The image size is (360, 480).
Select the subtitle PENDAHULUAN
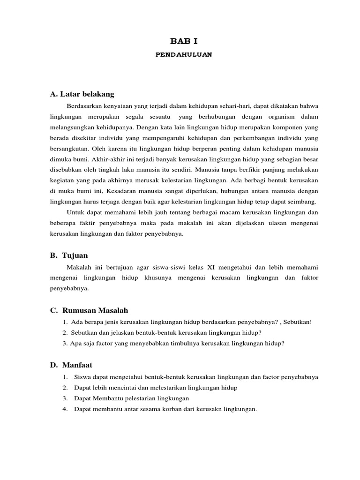pos(184,54)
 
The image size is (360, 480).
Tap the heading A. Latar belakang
pos(82,94)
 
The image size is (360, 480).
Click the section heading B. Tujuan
pos(69,255)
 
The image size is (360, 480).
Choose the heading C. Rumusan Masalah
pos(89,310)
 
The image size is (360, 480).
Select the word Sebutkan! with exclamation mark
pos(296,322)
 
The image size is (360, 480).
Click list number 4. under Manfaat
pos(64,409)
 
